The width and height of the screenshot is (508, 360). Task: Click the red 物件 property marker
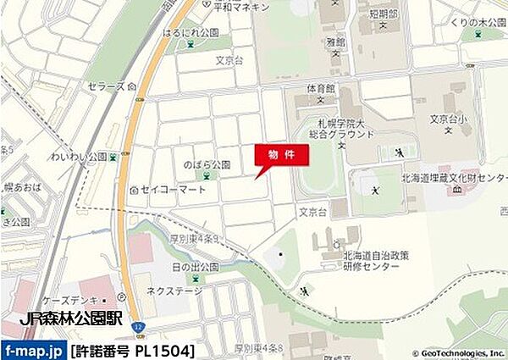click(281, 155)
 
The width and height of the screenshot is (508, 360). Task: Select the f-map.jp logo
click(33, 350)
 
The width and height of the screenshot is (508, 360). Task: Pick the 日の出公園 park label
click(196, 266)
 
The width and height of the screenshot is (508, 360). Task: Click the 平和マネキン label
click(240, 7)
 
